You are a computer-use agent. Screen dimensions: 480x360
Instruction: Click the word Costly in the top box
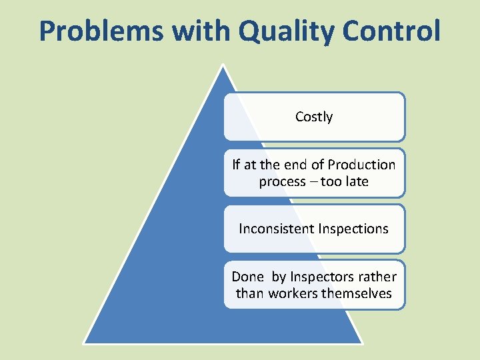pos(314,117)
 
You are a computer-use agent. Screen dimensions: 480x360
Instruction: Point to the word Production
pos(363,165)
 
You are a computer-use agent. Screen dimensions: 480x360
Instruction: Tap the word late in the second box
pos(356,181)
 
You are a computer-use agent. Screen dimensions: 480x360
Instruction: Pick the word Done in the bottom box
pos(247,277)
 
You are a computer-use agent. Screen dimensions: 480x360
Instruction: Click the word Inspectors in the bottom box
pos(317,277)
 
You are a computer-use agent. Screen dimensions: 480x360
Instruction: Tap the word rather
pos(377,277)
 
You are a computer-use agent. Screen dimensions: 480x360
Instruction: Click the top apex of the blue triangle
pos(224,66)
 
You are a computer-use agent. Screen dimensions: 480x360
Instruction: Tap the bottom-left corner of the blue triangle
pos(84,342)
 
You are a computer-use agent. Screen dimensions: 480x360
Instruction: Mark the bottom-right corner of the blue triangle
pos(361,342)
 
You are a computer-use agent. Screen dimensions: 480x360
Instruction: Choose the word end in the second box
pos(295,165)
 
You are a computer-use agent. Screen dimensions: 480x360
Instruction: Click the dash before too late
pos(313,182)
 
